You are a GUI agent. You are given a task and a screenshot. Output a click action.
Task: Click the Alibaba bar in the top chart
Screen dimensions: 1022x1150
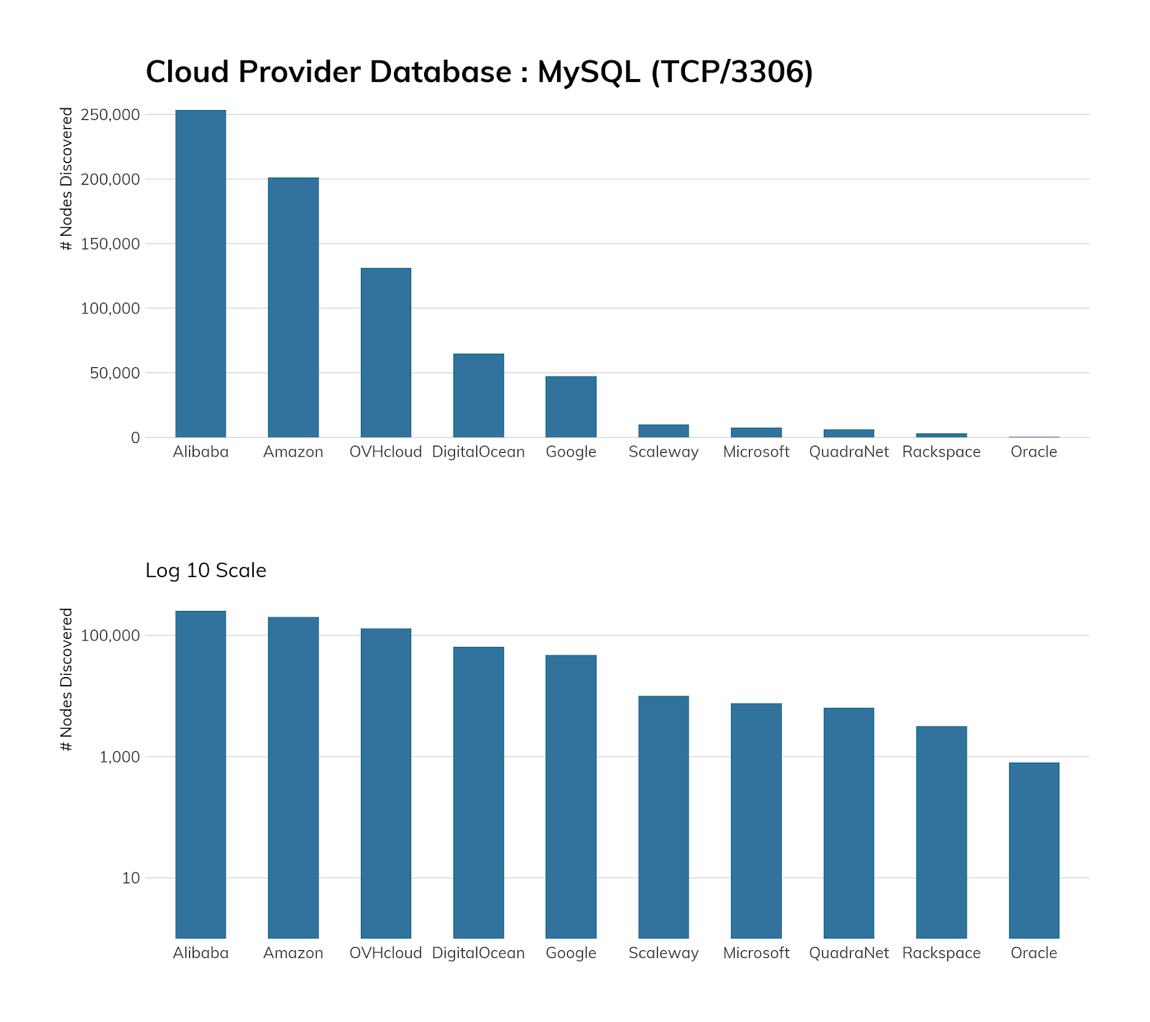click(201, 273)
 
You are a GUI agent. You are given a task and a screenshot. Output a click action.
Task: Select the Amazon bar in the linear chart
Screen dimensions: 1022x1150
click(293, 307)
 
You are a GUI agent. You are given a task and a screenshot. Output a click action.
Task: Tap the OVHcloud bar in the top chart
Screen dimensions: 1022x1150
click(386, 352)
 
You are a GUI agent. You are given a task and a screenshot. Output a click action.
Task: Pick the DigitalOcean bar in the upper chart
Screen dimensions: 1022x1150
click(479, 395)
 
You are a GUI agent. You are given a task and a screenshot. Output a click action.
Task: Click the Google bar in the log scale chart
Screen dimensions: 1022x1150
click(571, 796)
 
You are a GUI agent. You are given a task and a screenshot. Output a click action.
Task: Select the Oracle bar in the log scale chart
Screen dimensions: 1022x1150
click(1034, 850)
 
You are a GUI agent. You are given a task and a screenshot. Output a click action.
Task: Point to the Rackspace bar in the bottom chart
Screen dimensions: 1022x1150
click(942, 832)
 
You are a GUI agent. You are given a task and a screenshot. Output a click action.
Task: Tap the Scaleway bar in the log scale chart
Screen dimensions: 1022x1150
click(663, 816)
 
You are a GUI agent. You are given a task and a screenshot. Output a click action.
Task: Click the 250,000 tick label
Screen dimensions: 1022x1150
click(111, 115)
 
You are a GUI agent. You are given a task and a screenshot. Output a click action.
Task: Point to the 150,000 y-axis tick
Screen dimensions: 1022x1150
click(111, 244)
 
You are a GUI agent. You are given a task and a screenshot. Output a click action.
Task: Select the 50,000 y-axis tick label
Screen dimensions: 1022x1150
click(115, 373)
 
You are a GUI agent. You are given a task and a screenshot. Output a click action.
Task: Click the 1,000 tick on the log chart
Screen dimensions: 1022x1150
click(120, 757)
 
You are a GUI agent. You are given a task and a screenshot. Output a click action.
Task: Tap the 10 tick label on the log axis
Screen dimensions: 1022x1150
click(131, 878)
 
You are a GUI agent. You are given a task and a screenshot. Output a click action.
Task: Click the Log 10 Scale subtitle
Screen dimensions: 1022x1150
click(206, 571)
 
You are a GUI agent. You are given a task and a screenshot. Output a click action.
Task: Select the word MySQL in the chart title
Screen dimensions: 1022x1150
click(589, 72)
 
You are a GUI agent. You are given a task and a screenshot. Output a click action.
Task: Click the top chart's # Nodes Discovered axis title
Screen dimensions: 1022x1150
click(67, 179)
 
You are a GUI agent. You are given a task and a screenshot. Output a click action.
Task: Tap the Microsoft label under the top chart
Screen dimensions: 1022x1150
click(756, 452)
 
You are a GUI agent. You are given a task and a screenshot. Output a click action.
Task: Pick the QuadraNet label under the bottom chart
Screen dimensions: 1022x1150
click(849, 953)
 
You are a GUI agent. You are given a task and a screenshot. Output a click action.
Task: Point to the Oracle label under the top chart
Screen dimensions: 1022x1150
click(1034, 452)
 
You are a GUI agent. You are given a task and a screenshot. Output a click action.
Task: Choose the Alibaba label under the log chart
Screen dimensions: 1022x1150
click(201, 953)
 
